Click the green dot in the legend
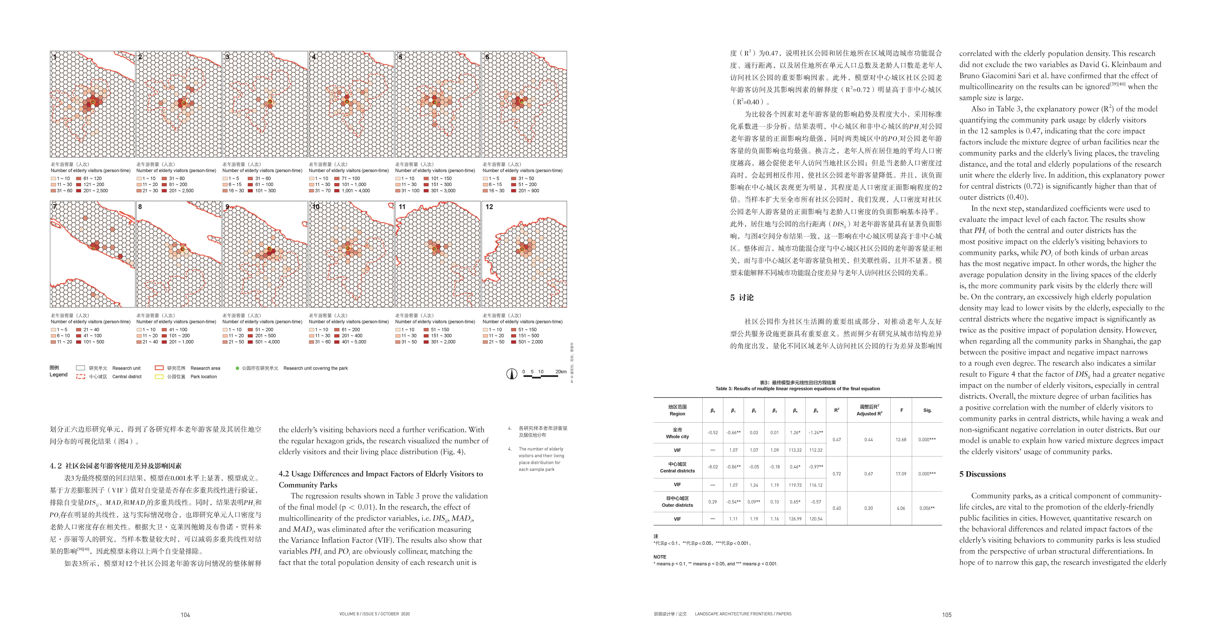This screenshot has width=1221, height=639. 238,368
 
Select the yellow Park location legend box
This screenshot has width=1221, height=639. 159,377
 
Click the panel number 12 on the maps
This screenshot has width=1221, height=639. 489,207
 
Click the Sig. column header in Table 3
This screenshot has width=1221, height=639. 927,410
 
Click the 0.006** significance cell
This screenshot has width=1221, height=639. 927,508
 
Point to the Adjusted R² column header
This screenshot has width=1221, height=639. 869,410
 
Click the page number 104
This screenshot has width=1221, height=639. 185,615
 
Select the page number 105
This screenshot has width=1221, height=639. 947,615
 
